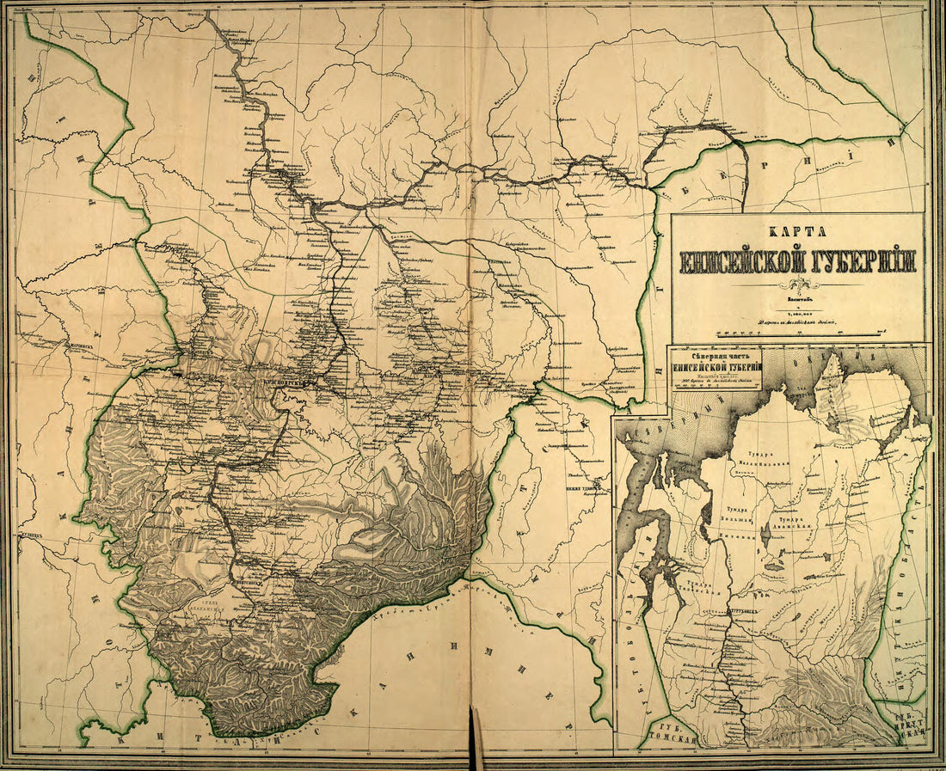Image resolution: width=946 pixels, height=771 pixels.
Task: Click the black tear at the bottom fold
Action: tap(472, 739)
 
